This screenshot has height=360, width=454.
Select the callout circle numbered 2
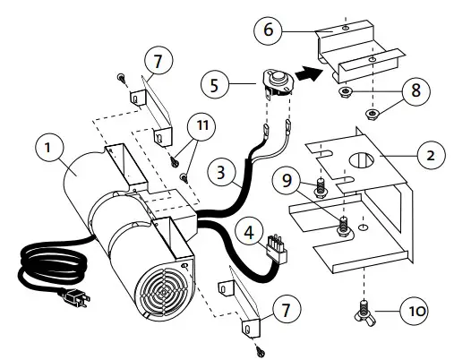431,154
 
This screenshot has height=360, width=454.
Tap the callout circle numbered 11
204,126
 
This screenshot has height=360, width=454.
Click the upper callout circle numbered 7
157,63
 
